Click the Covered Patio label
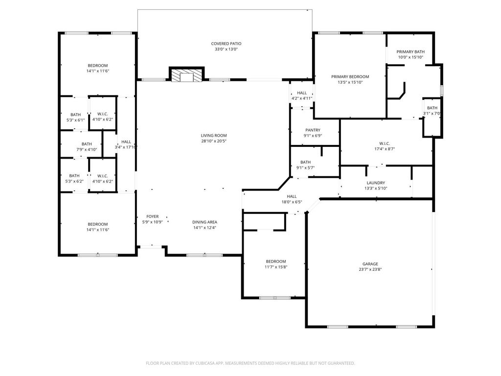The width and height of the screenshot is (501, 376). coord(226,44)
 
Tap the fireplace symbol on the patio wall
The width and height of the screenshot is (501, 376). coord(186,74)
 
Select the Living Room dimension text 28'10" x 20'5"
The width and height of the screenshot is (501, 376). coord(214,141)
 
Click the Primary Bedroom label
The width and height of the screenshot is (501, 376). coord(350,77)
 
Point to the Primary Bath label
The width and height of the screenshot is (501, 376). coord(410,52)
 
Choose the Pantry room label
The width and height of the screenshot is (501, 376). coord(313,130)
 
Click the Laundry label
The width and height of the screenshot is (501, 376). coord(376,183)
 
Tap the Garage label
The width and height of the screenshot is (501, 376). coord(370,264)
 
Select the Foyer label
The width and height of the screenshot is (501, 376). coord(153,216)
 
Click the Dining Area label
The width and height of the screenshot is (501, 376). coord(205,222)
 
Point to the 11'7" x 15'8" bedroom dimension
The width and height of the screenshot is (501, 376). coord(276,267)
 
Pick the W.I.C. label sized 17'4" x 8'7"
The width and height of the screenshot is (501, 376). coord(385,143)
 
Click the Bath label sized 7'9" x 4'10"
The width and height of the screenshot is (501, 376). coord(87,144)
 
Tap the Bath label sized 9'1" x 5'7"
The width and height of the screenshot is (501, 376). coord(305,162)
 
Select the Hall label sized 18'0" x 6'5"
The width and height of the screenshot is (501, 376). coord(292,196)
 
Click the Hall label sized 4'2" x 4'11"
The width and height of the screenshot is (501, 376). coord(302,93)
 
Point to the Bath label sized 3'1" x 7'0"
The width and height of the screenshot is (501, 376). coord(433,108)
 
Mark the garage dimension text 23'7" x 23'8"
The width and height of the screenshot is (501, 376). coord(370,269)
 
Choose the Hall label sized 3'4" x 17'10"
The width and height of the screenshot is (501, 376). coord(126,141)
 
